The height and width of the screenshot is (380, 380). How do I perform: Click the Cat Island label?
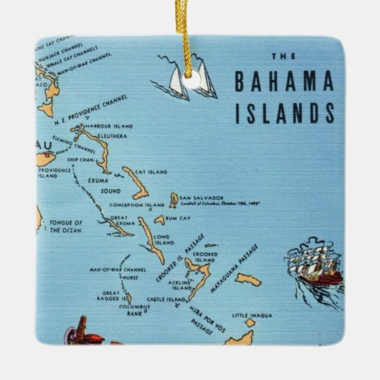click(152, 172)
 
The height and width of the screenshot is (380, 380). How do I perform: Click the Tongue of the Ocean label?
click(66, 227)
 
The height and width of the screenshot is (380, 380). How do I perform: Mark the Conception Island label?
click(136, 205)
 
